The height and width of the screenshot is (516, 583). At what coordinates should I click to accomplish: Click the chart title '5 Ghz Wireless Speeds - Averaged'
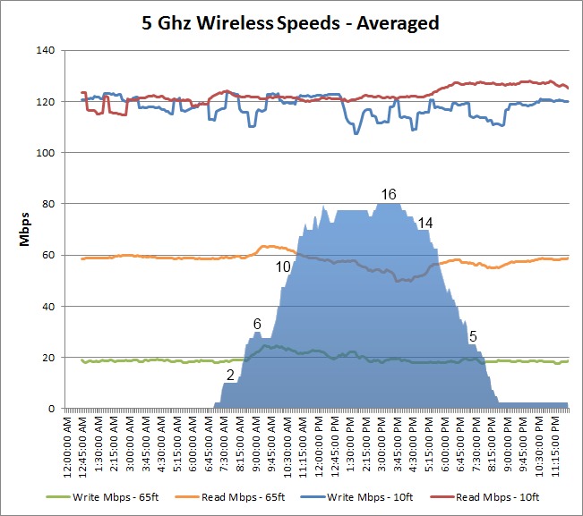point(291,22)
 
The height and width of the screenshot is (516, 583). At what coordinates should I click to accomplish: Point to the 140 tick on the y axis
point(46,51)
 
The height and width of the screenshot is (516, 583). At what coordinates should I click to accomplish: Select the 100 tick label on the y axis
point(46,154)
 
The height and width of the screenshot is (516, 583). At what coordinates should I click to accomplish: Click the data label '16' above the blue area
point(388,194)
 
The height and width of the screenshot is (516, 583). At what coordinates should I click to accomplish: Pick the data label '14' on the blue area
point(425,222)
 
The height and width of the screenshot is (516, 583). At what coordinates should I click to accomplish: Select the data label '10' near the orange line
point(283,266)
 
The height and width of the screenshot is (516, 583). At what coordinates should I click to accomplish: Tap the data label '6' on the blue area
point(257,323)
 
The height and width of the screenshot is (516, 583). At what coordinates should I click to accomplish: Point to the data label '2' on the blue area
point(230,375)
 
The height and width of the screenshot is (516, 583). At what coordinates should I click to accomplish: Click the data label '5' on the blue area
point(473,336)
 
